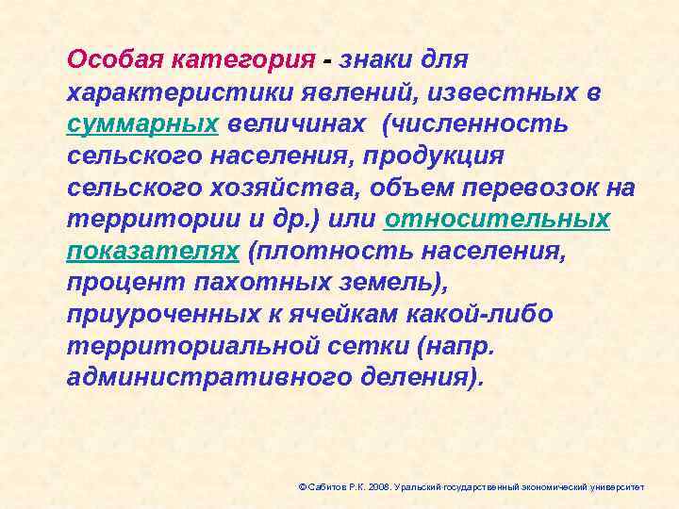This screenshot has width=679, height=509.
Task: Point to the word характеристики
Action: coord(166,91)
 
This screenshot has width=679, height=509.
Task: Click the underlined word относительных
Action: coord(497,220)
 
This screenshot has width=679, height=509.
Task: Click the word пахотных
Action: coord(238,284)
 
